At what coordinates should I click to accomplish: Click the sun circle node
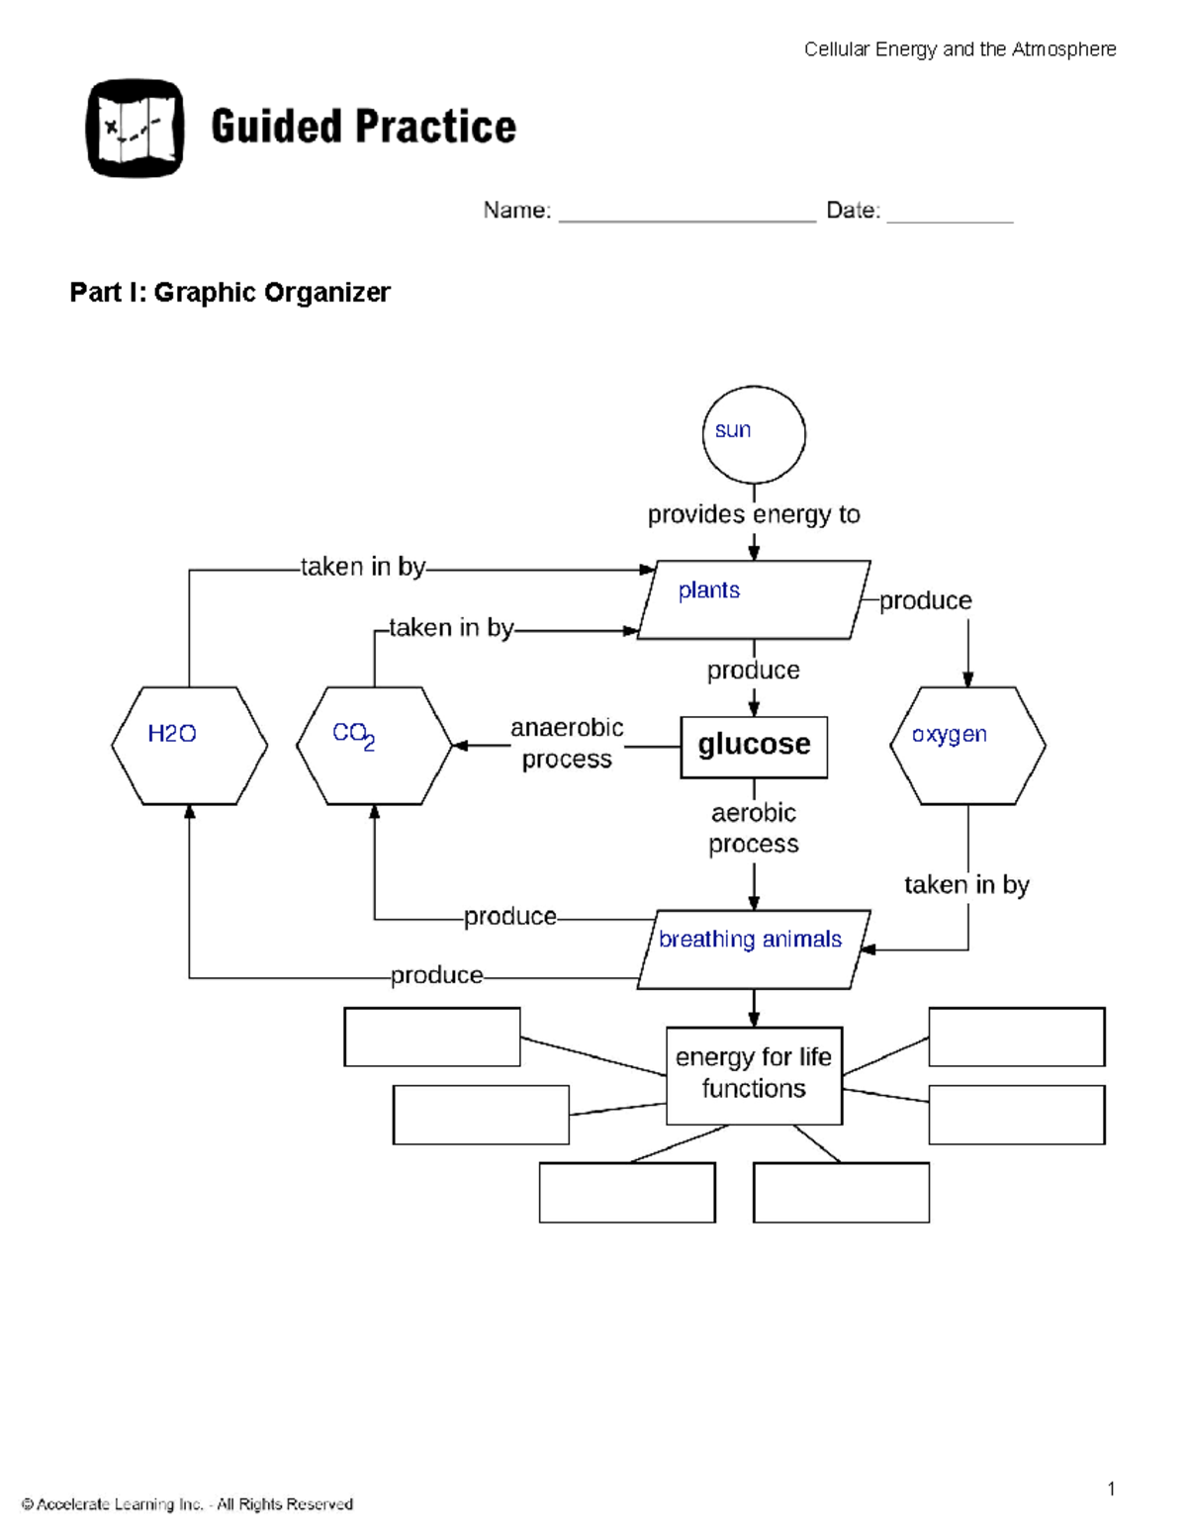[754, 434]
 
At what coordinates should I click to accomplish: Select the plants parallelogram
[754, 599]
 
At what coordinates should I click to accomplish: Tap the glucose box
[754, 747]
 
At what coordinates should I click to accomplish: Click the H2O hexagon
[189, 745]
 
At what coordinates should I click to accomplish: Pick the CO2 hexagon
[374, 745]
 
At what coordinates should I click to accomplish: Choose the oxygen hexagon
[967, 745]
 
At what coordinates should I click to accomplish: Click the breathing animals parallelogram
[754, 949]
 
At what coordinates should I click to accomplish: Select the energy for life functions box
[754, 1074]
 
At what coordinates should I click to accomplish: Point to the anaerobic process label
[567, 743]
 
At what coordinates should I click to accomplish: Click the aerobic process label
[754, 828]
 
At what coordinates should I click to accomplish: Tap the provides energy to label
[754, 514]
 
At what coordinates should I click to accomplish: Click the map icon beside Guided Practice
[136, 129]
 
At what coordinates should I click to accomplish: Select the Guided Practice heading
[363, 128]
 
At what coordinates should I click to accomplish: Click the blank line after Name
[687, 214]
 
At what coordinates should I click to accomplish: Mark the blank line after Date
[950, 214]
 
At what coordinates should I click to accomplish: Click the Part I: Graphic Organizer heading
[229, 293]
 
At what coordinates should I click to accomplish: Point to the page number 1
[1111, 1489]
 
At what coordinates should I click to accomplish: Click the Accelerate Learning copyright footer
[187, 1504]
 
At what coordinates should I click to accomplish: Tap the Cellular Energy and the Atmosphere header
[959, 49]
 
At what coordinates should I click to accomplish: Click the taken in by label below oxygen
[966, 884]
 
